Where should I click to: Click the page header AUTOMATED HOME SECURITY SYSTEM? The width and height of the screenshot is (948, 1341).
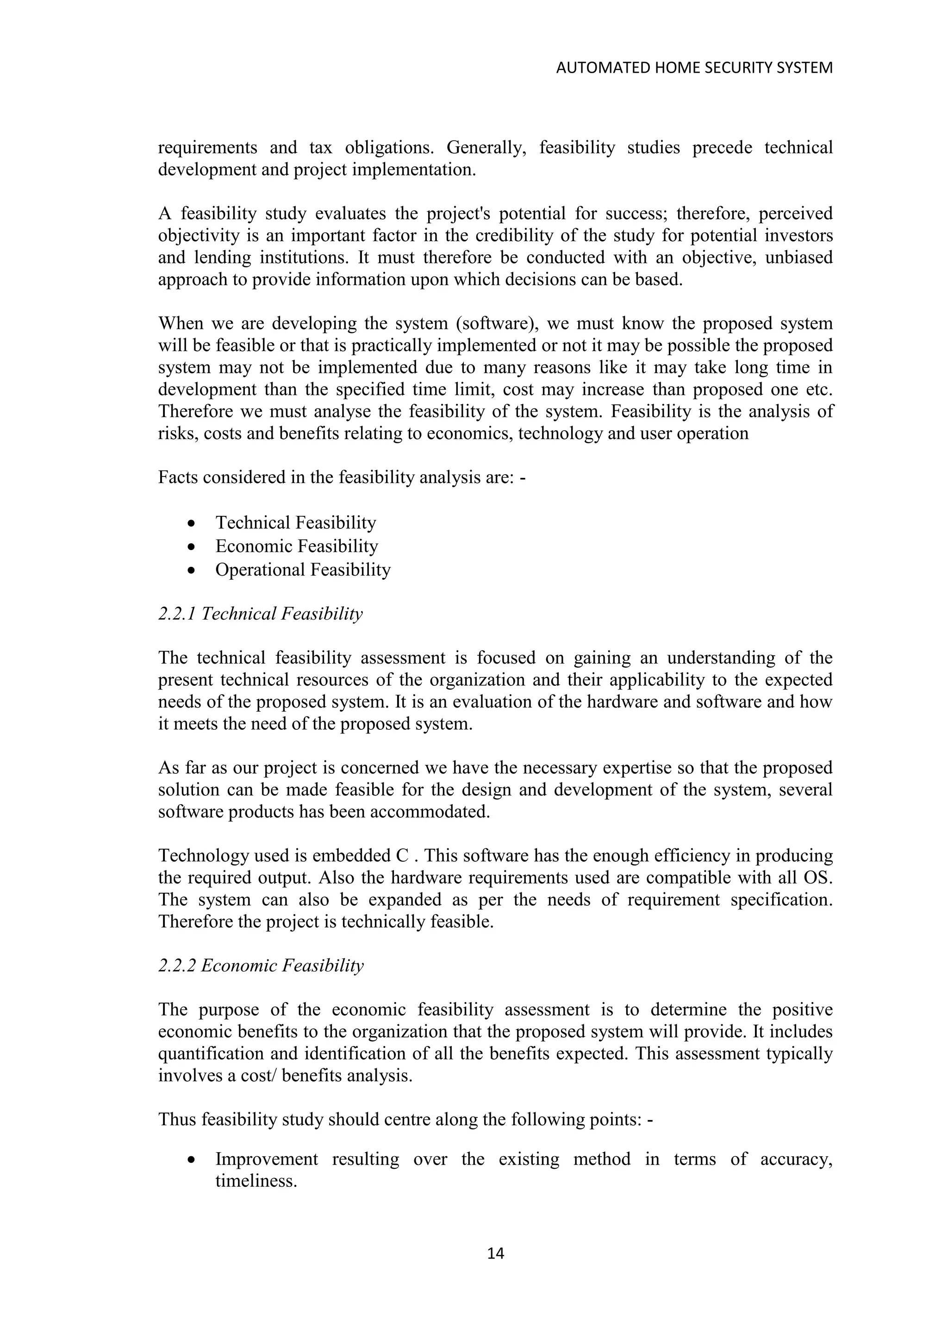(x=694, y=69)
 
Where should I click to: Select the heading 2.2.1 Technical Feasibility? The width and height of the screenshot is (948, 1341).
(x=260, y=614)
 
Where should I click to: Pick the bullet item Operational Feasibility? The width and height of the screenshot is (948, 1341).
(x=302, y=570)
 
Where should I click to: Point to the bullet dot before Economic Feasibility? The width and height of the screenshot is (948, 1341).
(x=192, y=547)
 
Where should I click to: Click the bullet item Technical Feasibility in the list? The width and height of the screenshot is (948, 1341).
(x=295, y=522)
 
